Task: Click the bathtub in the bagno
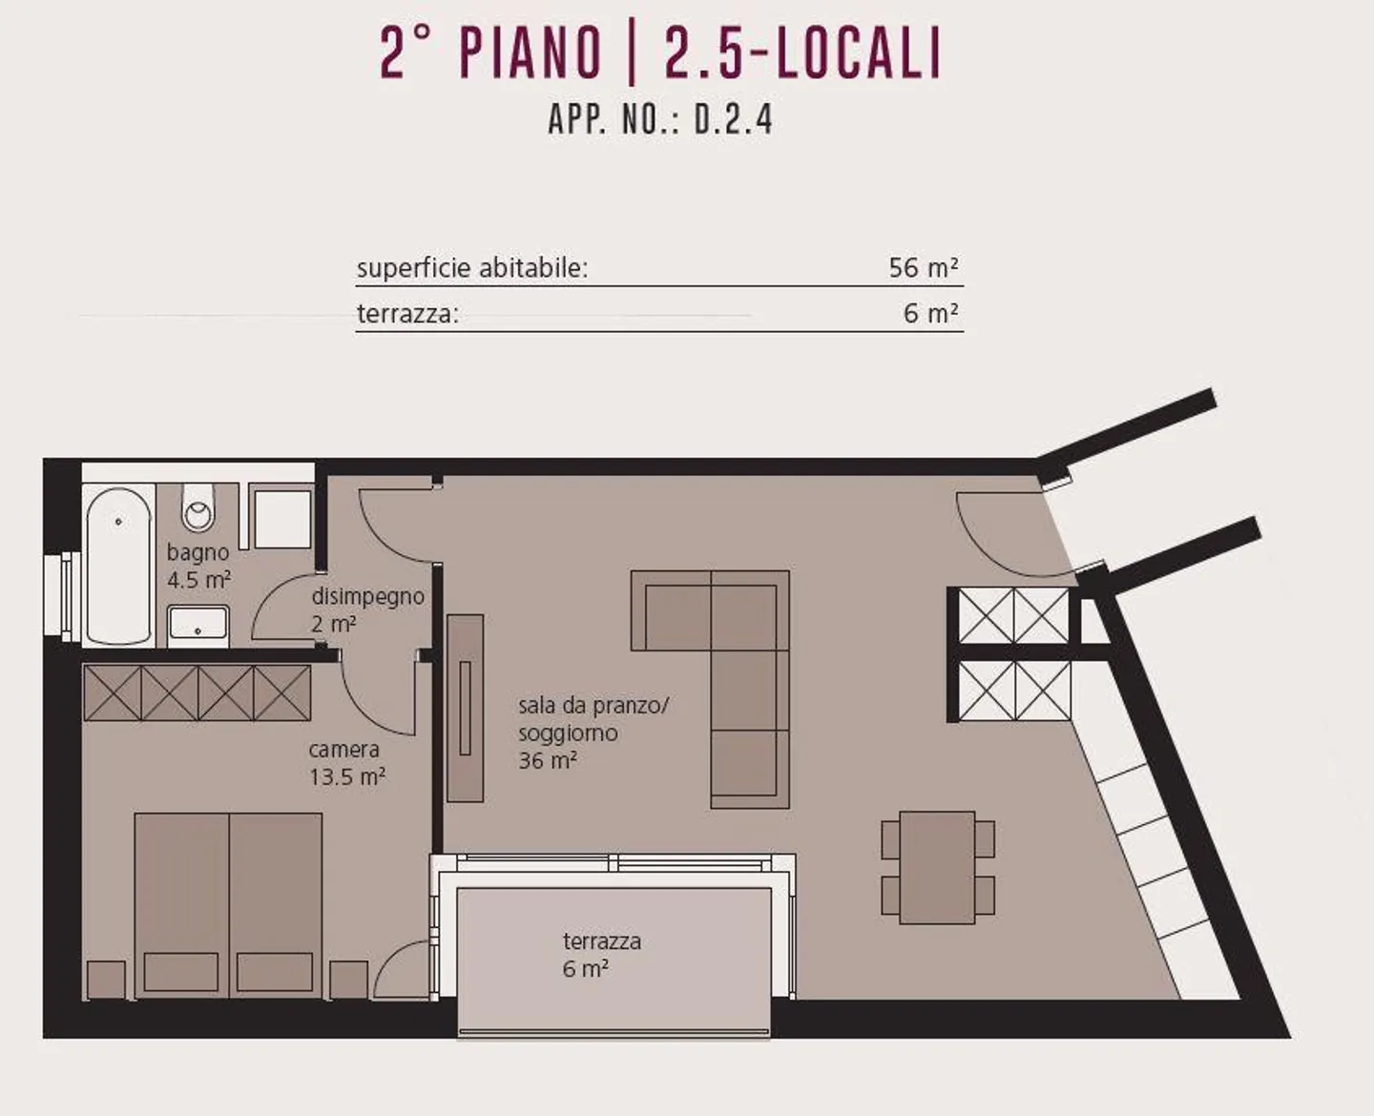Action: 118,566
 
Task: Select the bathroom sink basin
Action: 198,624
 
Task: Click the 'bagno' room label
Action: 198,552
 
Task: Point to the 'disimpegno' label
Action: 367,596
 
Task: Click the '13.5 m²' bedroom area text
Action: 346,776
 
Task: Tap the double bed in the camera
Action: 228,903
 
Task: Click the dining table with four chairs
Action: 937,867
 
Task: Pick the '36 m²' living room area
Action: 548,761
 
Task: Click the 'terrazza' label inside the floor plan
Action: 601,941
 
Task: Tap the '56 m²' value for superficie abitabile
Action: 923,268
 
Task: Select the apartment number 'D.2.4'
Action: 733,120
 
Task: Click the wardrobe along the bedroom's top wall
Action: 198,692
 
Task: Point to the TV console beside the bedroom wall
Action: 466,707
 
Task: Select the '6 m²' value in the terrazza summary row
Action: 930,314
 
